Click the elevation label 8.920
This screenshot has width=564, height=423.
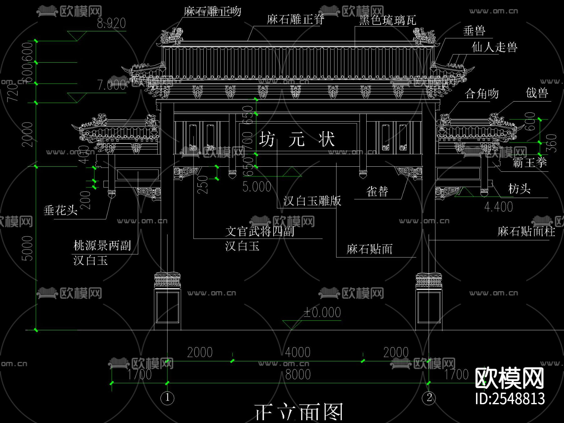click(111, 23)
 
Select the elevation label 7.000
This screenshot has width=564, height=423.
click(111, 85)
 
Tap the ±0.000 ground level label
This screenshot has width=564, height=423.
click(322, 312)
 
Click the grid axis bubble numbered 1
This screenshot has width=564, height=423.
click(167, 398)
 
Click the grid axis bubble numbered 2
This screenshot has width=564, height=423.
click(429, 398)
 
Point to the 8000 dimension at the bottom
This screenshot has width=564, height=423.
click(298, 374)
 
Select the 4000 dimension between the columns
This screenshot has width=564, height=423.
click(298, 352)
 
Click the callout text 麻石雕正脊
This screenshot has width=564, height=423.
click(295, 19)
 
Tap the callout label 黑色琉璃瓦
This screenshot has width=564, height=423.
click(388, 21)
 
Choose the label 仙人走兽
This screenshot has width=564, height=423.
click(494, 47)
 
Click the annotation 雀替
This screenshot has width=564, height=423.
click(377, 191)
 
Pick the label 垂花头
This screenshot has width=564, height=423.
click(60, 210)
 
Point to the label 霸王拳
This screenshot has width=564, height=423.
click(530, 163)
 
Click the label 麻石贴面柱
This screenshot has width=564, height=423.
click(526, 232)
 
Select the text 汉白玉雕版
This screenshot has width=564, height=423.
click(312, 201)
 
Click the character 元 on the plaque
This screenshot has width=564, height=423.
click(296, 139)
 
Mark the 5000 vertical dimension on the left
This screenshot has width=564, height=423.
click(27, 248)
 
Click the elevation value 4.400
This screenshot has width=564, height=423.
click(499, 207)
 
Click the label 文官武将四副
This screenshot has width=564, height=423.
click(260, 232)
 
